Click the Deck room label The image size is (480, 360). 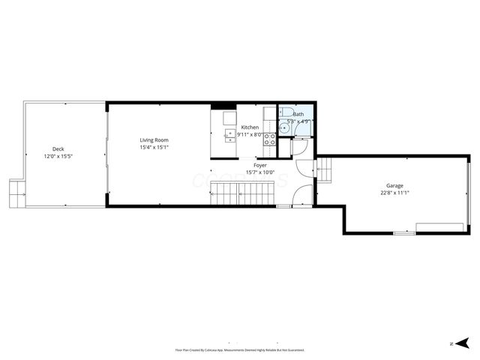click(x=58, y=148)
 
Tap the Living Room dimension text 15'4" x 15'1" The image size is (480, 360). click(x=154, y=148)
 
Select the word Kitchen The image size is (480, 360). click(x=250, y=127)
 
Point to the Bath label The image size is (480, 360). click(x=298, y=114)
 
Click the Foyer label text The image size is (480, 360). click(x=260, y=165)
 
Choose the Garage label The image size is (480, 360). click(x=394, y=185)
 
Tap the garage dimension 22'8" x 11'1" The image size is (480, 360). click(x=394, y=193)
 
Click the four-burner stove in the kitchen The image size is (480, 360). click(x=269, y=139)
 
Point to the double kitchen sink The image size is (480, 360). click(x=229, y=135)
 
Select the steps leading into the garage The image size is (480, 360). click(x=325, y=170)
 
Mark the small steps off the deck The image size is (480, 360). click(x=16, y=193)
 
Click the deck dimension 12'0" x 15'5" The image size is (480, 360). click(x=58, y=156)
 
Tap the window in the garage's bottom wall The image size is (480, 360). click(x=404, y=233)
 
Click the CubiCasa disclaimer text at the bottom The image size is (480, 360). click(x=240, y=349)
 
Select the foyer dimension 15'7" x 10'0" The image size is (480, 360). click(x=260, y=172)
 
